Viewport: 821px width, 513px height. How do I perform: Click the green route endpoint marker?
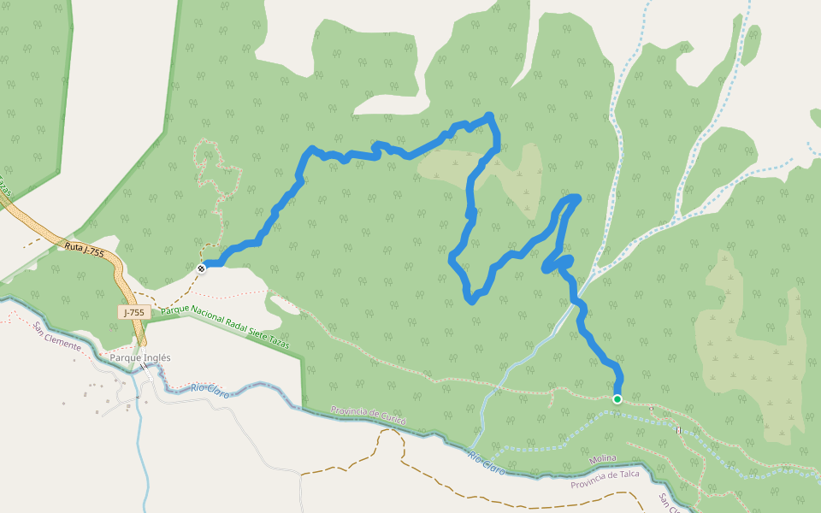(x=617, y=398)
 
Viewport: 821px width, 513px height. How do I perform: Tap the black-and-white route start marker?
(x=202, y=268)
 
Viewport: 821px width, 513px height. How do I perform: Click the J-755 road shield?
(x=134, y=313)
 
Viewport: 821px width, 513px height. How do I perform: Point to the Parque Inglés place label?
(x=140, y=357)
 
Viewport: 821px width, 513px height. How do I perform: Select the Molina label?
(x=602, y=460)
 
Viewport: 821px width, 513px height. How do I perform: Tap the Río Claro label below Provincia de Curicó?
(x=486, y=463)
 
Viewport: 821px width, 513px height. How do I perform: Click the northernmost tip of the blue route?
(x=488, y=115)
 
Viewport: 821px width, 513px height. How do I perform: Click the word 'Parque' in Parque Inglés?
(x=125, y=357)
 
